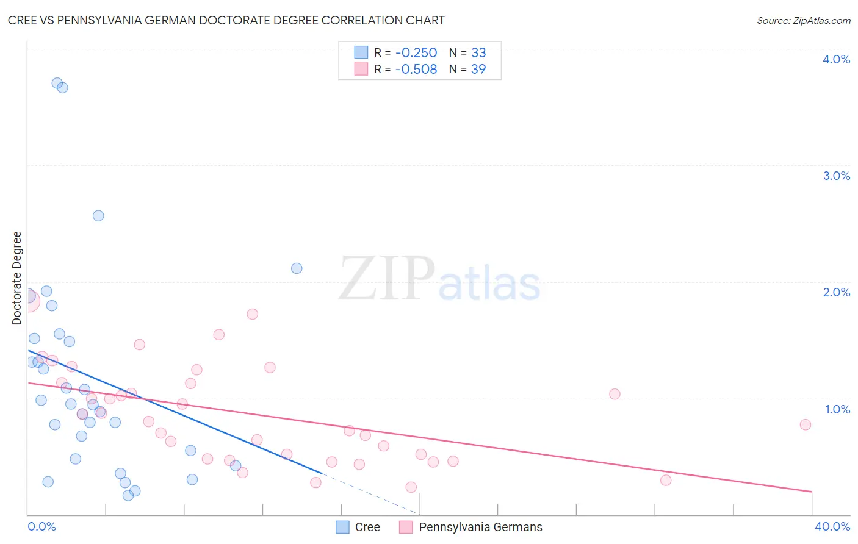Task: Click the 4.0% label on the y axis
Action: tap(836, 59)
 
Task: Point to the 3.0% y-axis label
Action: tap(836, 176)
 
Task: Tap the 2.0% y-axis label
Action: tap(836, 292)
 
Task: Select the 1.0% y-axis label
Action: tap(837, 409)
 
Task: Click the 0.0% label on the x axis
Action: tap(41, 526)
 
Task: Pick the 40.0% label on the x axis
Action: tap(832, 526)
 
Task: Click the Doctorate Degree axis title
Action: tap(17, 278)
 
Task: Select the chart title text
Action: tap(226, 20)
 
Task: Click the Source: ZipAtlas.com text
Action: tap(803, 21)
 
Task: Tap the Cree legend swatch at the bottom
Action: tap(343, 527)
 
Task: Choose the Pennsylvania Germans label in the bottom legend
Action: tap(480, 527)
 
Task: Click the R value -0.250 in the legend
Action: tap(416, 53)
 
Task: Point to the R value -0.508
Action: tap(416, 70)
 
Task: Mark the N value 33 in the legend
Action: tap(478, 53)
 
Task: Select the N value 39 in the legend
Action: tap(478, 70)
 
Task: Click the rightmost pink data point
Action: tap(805, 424)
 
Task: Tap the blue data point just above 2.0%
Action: tap(297, 268)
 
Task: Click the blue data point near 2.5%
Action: tap(98, 216)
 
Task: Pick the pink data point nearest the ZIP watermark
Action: tap(253, 314)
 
